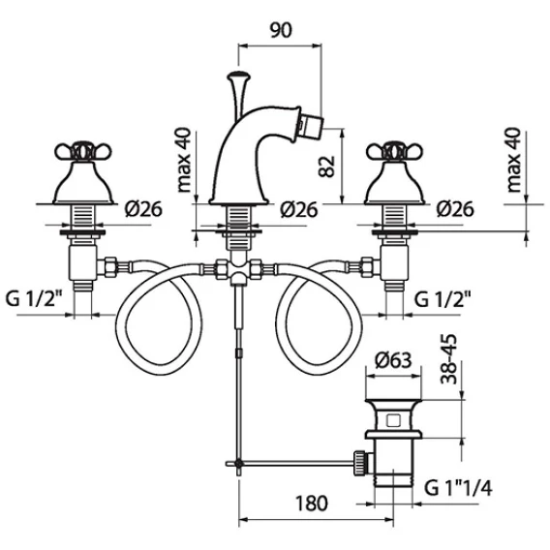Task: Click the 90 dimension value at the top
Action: click(x=281, y=30)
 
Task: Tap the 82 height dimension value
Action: click(x=327, y=167)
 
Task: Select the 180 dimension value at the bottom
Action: click(x=312, y=504)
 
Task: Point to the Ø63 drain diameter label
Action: click(x=393, y=360)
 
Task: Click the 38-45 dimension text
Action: click(x=449, y=359)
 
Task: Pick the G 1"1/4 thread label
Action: click(x=458, y=488)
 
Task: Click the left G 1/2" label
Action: click(x=34, y=299)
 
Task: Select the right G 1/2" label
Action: click(x=443, y=299)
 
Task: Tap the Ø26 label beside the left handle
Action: click(x=143, y=209)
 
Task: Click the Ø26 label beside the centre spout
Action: click(x=299, y=210)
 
